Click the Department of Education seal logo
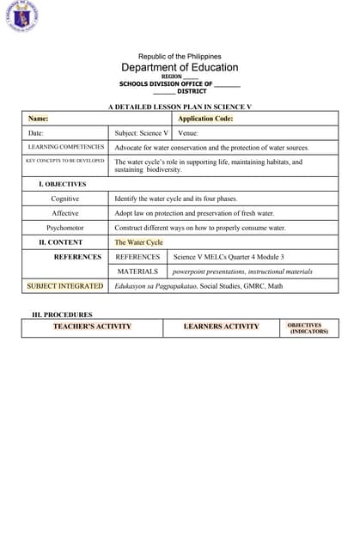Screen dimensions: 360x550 tap(21, 16)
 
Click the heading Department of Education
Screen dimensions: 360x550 tap(180, 67)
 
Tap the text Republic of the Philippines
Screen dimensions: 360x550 tap(180, 56)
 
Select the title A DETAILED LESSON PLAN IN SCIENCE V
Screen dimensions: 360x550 tap(180, 107)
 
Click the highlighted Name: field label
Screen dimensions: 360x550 tap(38, 119)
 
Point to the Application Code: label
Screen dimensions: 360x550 tap(205, 119)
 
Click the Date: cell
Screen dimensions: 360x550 tap(36, 133)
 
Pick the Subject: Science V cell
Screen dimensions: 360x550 tap(142, 133)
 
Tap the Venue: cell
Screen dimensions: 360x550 tap(188, 133)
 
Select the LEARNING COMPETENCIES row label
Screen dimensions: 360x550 tap(66, 147)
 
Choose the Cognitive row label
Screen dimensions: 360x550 tap(65, 199)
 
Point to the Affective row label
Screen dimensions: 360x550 tap(65, 213)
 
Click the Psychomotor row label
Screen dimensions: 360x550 tap(65, 228)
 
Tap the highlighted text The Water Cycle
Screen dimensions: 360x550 tap(138, 242)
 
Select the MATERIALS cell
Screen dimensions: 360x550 tap(137, 272)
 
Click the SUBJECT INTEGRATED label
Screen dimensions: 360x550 tap(65, 285)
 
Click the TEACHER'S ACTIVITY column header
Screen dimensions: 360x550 tap(92, 327)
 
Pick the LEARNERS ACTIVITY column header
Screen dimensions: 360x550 tap(221, 327)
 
